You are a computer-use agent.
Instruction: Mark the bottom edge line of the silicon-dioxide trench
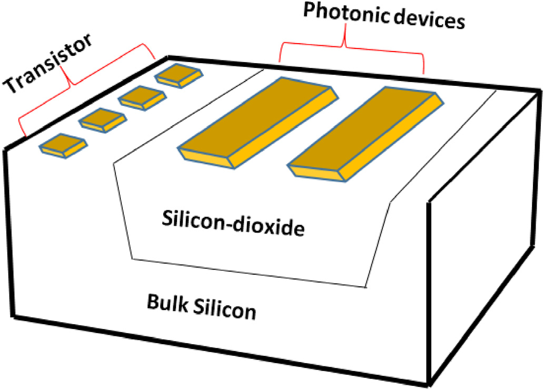(x=248, y=273)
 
